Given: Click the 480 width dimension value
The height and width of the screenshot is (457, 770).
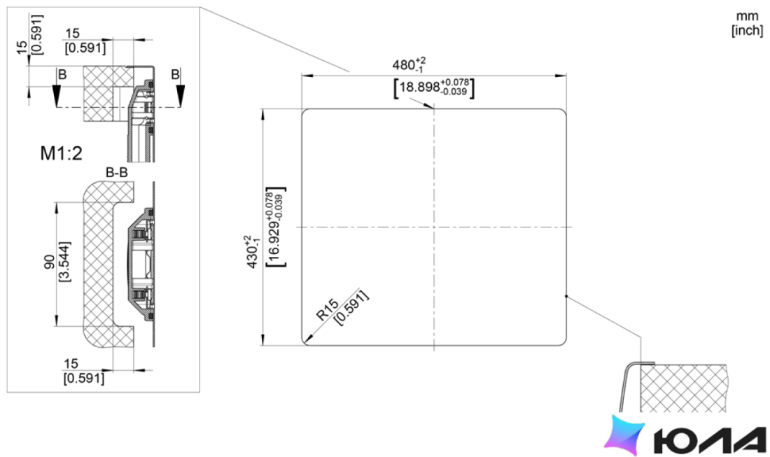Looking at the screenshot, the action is pos(403,64).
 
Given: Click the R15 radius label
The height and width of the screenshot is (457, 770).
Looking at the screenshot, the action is pos(327,310).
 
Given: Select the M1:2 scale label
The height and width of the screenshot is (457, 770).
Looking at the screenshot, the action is pos(61,154).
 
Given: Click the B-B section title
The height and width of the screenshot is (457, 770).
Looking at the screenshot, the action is pos(116,173).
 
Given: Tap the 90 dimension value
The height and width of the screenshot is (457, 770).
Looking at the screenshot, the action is pos(50,262).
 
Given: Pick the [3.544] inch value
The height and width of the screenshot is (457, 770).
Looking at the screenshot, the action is pos(64,262).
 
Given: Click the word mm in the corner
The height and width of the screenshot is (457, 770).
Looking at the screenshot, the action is pos(747,16).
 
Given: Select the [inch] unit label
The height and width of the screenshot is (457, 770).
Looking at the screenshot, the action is pos(747,30).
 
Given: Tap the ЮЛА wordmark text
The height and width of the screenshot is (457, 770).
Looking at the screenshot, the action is pos(710,440).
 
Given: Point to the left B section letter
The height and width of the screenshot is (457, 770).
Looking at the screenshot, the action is pos(62,75).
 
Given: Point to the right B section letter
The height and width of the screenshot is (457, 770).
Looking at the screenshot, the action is pos(175,75).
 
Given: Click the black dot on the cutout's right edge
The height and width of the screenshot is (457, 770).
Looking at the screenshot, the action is pos(566,296).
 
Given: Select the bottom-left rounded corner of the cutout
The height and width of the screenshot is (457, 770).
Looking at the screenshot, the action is pos(304,343).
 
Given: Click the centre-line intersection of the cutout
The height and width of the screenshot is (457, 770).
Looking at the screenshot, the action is pos(433,227).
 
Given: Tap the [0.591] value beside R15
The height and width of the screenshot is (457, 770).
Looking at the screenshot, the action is pos(351,307).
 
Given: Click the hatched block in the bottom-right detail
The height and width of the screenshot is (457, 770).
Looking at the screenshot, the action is pos(683,388).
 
